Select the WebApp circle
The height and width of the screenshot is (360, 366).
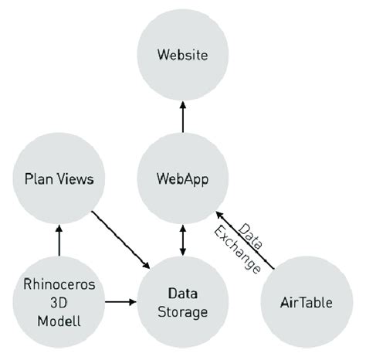(x=182, y=179)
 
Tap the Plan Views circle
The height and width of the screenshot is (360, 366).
(x=59, y=179)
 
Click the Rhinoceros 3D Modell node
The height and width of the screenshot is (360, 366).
(x=59, y=301)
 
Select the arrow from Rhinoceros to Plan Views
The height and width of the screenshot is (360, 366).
(x=59, y=240)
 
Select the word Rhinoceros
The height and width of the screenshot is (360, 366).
(x=59, y=284)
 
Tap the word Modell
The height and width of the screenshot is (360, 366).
(x=59, y=317)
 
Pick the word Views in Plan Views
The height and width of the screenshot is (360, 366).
(x=76, y=179)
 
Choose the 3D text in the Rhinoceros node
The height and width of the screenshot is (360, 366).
(x=59, y=301)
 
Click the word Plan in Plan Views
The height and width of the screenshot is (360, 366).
(x=39, y=179)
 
